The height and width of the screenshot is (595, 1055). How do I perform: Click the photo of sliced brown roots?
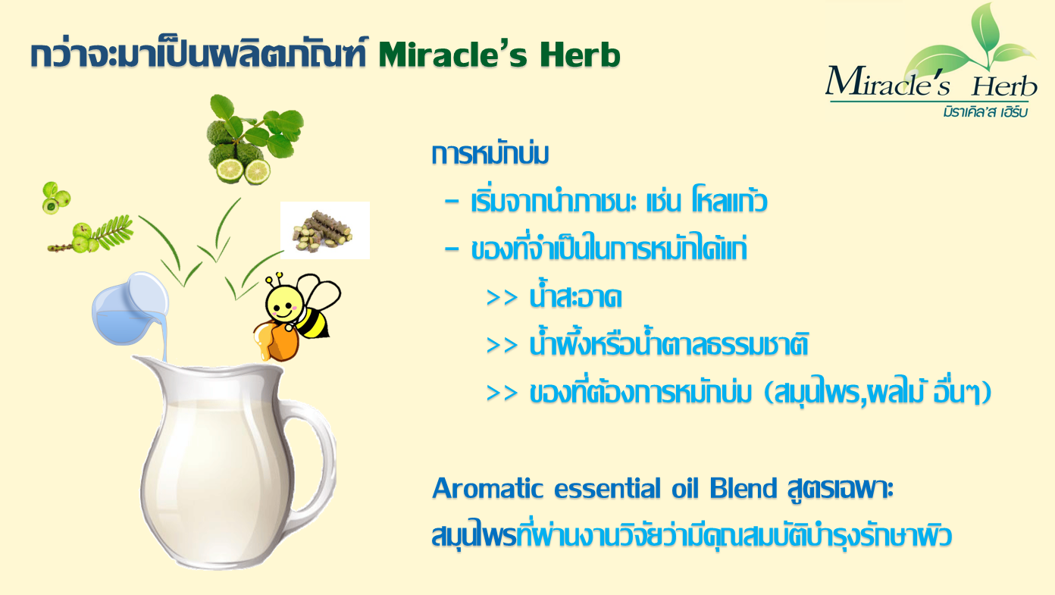click(324, 230)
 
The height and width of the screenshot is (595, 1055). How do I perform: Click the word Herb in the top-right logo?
click(1004, 86)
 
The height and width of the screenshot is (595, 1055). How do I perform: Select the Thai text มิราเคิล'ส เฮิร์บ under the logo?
click(985, 111)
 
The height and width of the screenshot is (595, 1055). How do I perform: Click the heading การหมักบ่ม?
click(490, 154)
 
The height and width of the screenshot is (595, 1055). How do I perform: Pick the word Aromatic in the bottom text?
click(487, 488)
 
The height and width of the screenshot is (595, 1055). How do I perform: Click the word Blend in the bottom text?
click(743, 488)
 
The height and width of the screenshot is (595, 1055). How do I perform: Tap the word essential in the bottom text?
click(608, 488)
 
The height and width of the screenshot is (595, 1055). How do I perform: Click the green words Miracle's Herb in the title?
click(499, 55)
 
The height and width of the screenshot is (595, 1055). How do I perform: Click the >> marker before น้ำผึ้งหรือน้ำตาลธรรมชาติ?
click(502, 346)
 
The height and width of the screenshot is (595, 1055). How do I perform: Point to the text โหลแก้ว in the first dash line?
click(730, 201)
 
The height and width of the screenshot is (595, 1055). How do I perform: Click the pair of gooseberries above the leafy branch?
click(55, 198)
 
